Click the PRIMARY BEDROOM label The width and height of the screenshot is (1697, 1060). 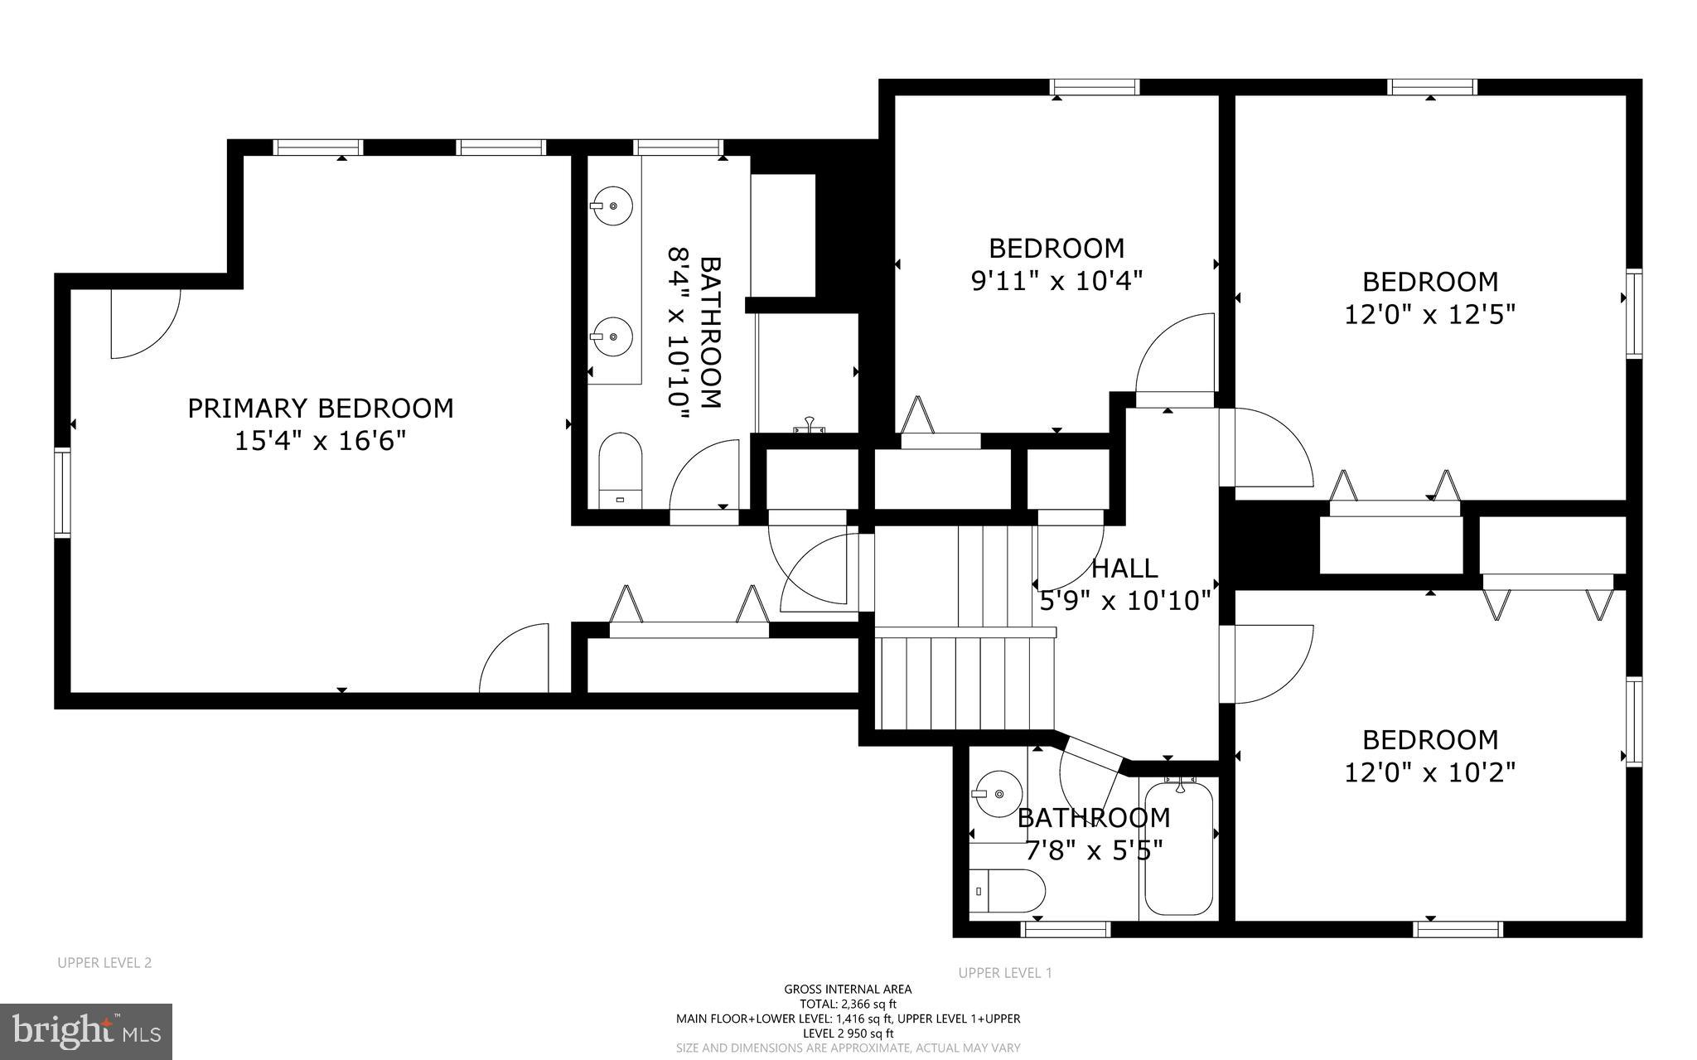pyautogui.click(x=321, y=409)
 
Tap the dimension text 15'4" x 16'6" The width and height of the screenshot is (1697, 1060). pyautogui.click(x=321, y=441)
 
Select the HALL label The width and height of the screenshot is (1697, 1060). pyautogui.click(x=1124, y=569)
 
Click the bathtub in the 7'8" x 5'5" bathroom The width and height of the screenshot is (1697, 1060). pyautogui.click(x=1178, y=849)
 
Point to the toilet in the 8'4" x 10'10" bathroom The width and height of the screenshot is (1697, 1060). pyautogui.click(x=621, y=469)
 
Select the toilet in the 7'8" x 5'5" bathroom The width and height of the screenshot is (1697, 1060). pyautogui.click(x=1005, y=892)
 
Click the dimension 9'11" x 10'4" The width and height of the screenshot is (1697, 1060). pyautogui.click(x=1056, y=281)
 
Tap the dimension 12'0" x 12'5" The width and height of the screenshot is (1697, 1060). pyautogui.click(x=1429, y=315)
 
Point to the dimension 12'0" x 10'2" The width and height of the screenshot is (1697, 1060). pyautogui.click(x=1429, y=772)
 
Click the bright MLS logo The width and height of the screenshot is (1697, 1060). pyautogui.click(x=86, y=1030)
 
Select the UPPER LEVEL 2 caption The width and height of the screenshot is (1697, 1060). pyautogui.click(x=104, y=963)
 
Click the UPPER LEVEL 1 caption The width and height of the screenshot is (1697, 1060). pyautogui.click(x=1005, y=973)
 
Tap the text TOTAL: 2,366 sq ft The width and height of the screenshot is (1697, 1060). pyautogui.click(x=848, y=1004)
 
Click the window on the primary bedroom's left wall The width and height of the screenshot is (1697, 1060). pyautogui.click(x=63, y=492)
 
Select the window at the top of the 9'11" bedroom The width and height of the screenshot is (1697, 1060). pyautogui.click(x=1095, y=87)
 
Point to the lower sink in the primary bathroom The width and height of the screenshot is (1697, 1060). pyautogui.click(x=612, y=336)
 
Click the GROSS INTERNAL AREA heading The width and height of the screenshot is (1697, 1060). pyautogui.click(x=848, y=989)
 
